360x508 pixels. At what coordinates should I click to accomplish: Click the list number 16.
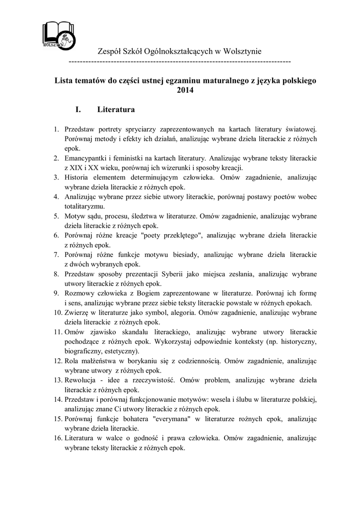(57, 438)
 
